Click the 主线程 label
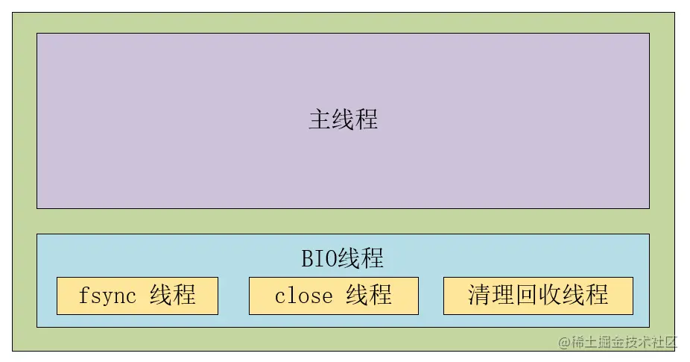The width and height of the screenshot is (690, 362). pos(344,119)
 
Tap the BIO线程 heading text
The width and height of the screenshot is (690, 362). pos(342,258)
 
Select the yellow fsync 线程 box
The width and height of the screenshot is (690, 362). pos(137,296)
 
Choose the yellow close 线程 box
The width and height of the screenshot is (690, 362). pos(334,296)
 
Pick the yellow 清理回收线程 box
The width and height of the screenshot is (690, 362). pos(538,296)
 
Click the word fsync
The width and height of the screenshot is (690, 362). pos(107,296)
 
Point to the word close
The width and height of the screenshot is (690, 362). pos(303,296)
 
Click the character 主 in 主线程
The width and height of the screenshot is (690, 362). pos(320,119)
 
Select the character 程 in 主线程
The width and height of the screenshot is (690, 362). pos(367,119)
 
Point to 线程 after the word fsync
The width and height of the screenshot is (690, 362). pos(173,295)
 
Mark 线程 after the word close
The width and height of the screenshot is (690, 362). pos(369,295)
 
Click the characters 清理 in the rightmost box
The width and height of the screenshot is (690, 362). pos(491,295)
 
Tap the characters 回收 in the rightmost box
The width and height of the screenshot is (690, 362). pos(538,295)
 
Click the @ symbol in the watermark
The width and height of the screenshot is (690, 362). pos(565,343)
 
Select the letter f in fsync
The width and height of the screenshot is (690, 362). pos(83,295)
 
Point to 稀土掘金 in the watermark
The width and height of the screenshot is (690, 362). pos(597,342)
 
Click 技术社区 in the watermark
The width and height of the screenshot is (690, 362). pos(650,342)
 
